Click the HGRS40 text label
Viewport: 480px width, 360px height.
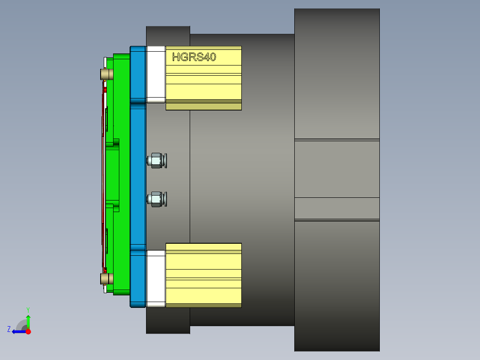click(x=194, y=57)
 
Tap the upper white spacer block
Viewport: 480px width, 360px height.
click(x=156, y=74)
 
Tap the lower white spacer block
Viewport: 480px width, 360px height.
click(x=156, y=278)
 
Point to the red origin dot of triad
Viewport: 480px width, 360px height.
click(x=28, y=331)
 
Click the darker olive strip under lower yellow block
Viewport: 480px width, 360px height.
click(x=203, y=305)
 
